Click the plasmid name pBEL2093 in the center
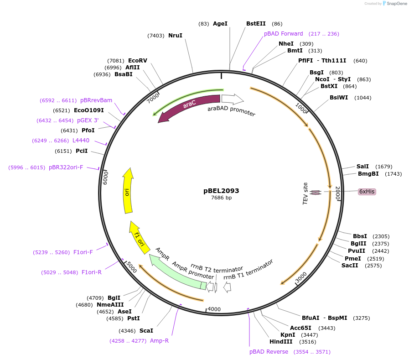221,191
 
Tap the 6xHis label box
367,192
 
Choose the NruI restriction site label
175,35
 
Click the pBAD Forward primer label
283,34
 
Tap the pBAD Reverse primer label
269,352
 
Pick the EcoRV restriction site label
137,61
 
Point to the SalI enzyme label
362,167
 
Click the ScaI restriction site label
146,330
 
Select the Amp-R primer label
159,340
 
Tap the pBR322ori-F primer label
66,167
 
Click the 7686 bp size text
221,198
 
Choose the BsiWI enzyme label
338,98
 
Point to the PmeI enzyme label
352,258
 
